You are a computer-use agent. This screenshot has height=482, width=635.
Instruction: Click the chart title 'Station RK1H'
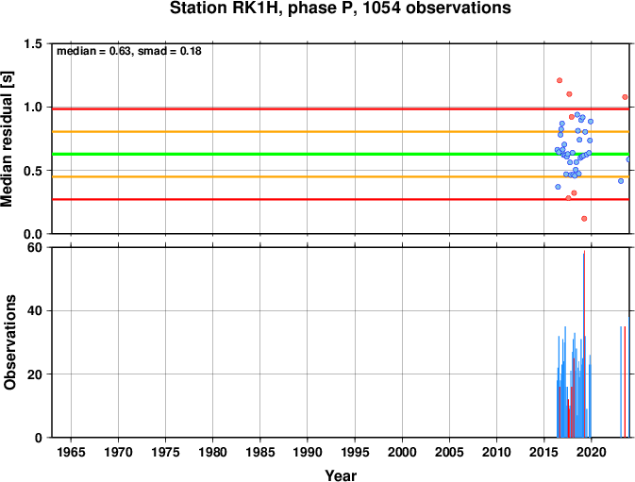[x=226, y=8]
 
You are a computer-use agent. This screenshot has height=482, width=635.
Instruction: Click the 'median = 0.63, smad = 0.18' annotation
[x=128, y=51]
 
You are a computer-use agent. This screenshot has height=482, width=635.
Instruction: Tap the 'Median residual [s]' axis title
[x=7, y=139]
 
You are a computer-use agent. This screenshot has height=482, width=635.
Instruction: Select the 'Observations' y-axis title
[x=9, y=342]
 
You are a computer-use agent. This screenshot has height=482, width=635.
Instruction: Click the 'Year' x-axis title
[x=341, y=475]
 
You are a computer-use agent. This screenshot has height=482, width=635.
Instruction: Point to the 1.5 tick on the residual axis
[x=33, y=43]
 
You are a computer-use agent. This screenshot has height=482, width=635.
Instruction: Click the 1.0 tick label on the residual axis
[x=33, y=108]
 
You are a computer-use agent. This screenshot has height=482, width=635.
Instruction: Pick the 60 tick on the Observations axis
[x=35, y=247]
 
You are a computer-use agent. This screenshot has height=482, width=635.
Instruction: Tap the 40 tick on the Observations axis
[x=35, y=311]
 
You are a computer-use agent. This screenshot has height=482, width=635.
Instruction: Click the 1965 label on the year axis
[x=72, y=452]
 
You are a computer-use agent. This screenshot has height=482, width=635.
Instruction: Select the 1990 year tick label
[x=308, y=452]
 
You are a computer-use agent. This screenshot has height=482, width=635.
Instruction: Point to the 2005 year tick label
[x=449, y=452]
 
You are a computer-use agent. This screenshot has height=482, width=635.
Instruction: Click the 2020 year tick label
[x=592, y=452]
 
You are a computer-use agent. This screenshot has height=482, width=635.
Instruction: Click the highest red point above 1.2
[x=560, y=80]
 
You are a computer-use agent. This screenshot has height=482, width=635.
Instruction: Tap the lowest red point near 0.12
[x=584, y=219]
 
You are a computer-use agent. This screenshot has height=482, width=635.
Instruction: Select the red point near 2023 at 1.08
[x=625, y=97]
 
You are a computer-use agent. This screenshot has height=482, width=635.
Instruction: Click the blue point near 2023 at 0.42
[x=621, y=181]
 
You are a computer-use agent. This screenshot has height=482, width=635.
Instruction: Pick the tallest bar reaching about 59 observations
[x=584, y=344]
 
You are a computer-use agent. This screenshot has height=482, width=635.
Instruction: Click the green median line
[x=341, y=154]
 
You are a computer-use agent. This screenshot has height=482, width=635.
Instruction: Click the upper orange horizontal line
[x=341, y=131]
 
